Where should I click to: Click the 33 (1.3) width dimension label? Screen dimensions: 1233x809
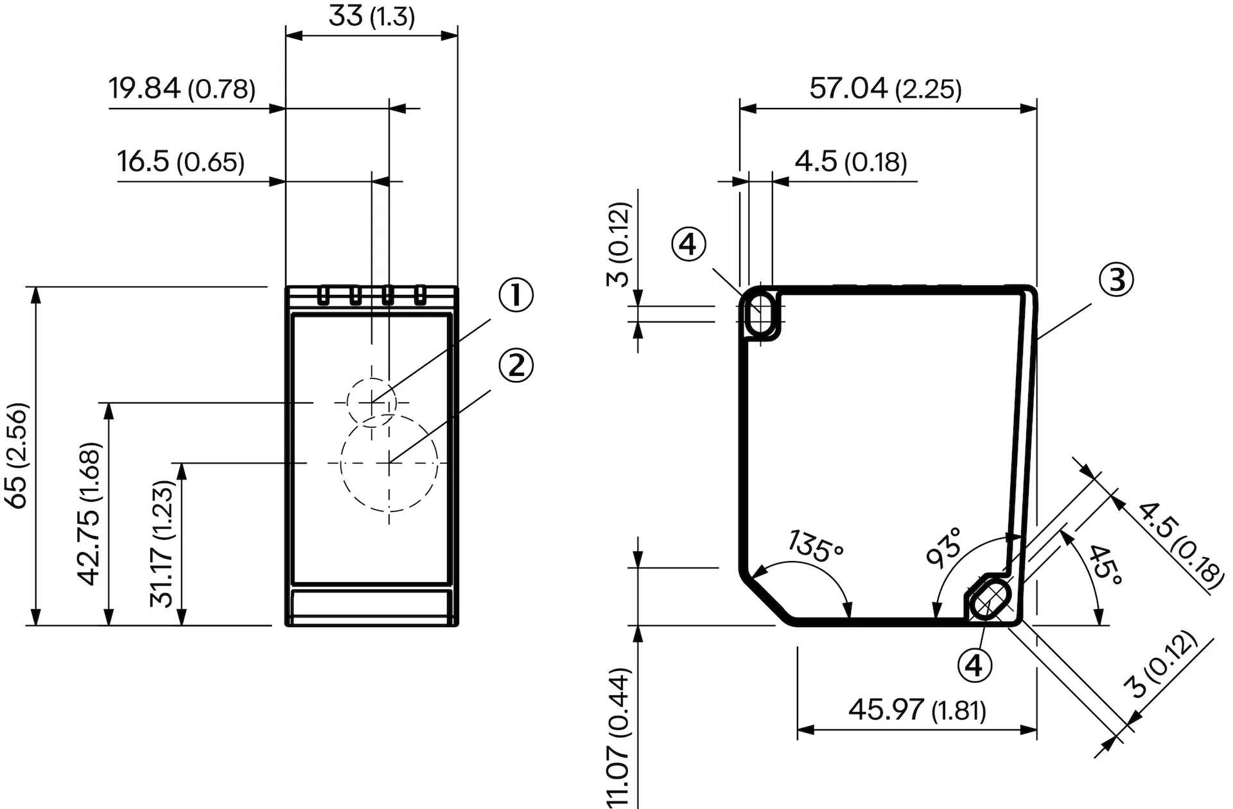point(371,15)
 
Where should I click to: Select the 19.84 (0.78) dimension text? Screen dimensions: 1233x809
point(182,89)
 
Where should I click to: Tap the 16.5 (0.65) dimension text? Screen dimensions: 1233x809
point(180,161)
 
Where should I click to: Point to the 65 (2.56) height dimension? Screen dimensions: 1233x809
point(18,456)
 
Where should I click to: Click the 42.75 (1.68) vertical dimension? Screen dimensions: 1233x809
point(89,513)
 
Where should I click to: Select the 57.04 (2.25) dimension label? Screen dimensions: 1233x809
point(886,88)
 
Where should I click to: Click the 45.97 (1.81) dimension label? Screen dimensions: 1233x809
point(917,710)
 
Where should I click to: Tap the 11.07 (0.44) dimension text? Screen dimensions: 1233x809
point(618,738)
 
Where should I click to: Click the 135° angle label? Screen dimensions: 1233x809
point(814,547)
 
